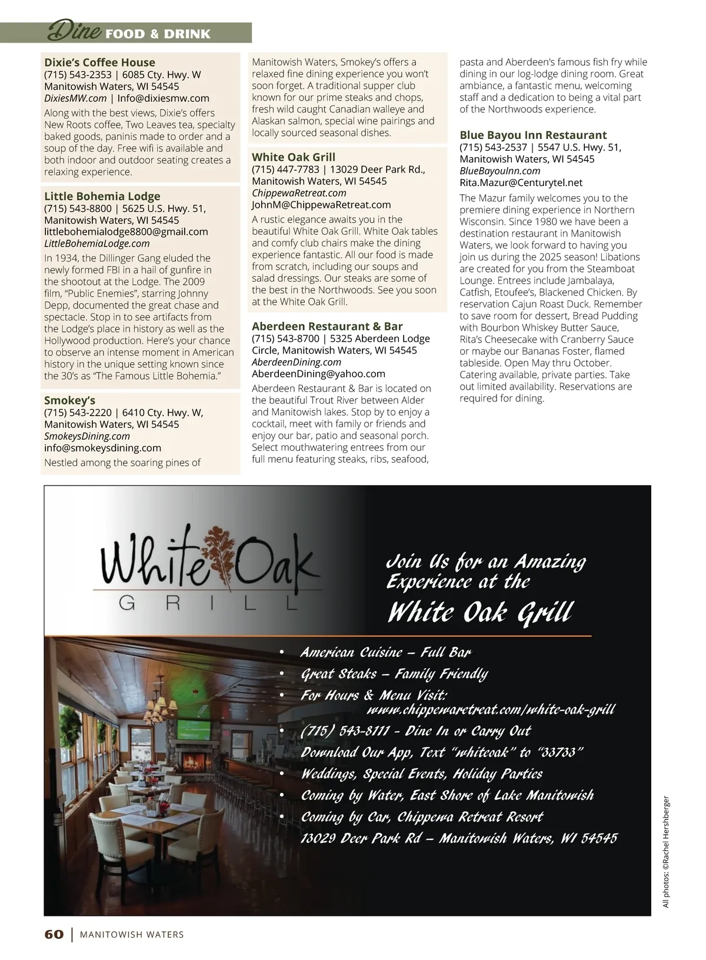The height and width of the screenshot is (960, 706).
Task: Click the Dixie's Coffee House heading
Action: click(x=99, y=62)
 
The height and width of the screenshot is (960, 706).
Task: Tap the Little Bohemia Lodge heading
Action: click(x=102, y=196)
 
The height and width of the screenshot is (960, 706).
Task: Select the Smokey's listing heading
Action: click(x=69, y=400)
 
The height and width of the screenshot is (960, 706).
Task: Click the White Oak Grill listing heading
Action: click(x=294, y=157)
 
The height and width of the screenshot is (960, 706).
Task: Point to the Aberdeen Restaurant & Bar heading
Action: click(x=327, y=326)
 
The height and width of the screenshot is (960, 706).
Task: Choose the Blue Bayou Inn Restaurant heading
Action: click(x=533, y=135)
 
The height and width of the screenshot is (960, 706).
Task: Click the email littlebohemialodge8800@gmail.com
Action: click(x=126, y=232)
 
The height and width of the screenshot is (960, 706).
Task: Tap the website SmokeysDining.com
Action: click(x=87, y=436)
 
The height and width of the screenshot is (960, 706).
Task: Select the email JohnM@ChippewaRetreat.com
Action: click(x=321, y=205)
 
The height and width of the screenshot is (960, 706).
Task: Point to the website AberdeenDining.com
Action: click(x=297, y=362)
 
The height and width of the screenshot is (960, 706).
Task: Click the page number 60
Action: click(x=54, y=935)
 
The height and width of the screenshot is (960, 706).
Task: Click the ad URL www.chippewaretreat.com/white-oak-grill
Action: click(x=490, y=710)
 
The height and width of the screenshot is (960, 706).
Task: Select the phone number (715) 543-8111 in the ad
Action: click(x=345, y=731)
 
